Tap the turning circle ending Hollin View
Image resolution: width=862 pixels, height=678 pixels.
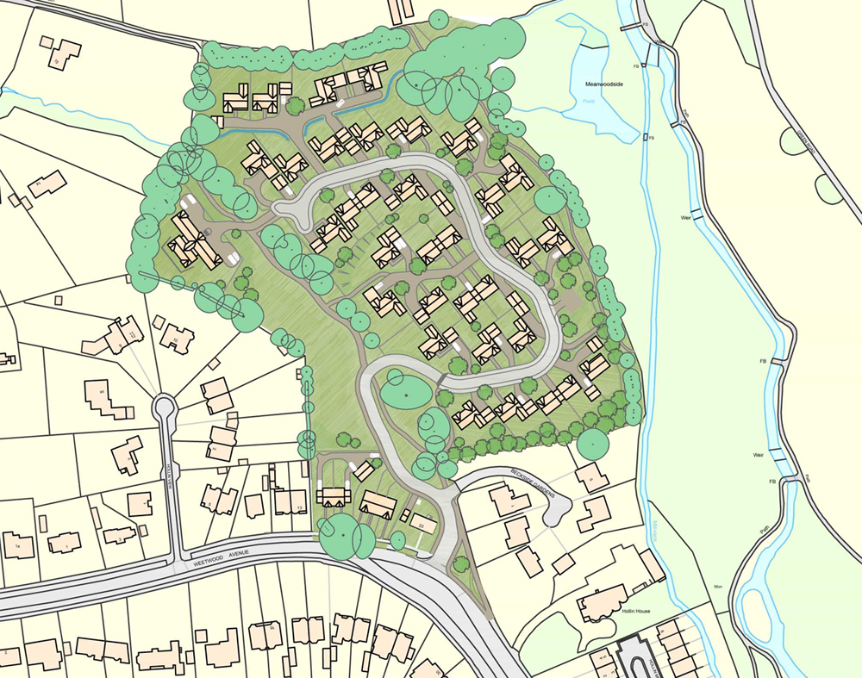click(x=163, y=406)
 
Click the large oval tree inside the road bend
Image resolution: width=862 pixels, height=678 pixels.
click(x=404, y=389)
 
